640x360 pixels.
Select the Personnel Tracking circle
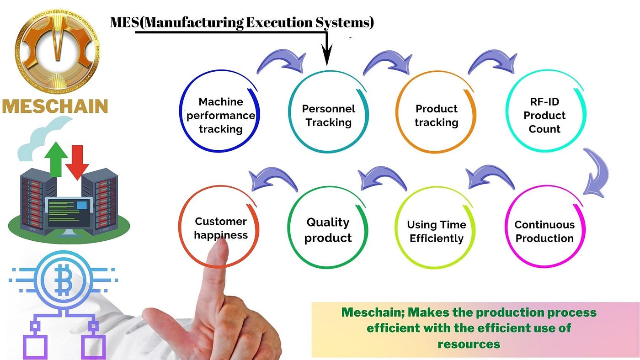point(289,112)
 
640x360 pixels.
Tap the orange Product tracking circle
point(397,112)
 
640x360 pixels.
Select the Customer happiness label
point(220,228)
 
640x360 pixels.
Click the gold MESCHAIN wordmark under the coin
point(55,106)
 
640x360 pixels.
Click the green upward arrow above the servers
point(56,159)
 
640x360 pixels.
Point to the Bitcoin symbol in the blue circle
point(63,280)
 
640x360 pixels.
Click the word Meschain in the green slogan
point(373,312)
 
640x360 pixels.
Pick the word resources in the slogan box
point(469,344)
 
